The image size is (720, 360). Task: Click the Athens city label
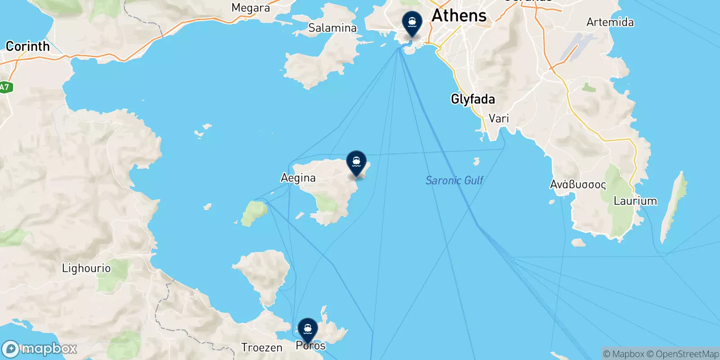(x=459, y=16)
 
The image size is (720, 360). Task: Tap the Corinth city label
(x=27, y=46)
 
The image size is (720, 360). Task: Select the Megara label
(x=251, y=8)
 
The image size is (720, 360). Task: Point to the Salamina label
(x=332, y=28)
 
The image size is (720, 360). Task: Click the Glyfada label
(x=472, y=99)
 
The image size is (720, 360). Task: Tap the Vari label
(x=499, y=118)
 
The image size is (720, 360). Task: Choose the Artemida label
(x=610, y=22)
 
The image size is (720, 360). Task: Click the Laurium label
(x=635, y=201)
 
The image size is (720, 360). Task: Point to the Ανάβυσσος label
(x=578, y=184)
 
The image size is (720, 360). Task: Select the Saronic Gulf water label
(x=454, y=180)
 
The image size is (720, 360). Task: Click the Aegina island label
(x=298, y=178)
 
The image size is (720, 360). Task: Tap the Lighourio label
(x=86, y=268)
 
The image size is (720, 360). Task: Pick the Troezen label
(x=261, y=347)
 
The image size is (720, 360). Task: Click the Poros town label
(x=310, y=346)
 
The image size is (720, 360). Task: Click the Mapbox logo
(x=40, y=349)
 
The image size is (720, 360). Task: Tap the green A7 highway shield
(x=4, y=87)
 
